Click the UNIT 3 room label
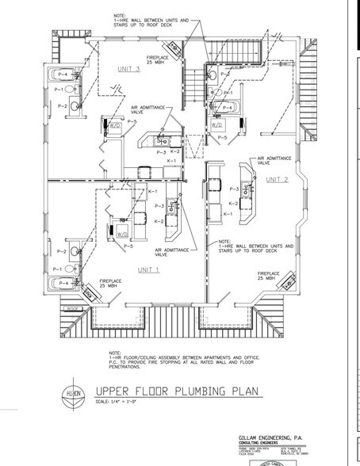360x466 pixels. tap(129, 69)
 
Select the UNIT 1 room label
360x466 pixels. tap(149, 269)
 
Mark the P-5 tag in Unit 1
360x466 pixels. tap(128, 246)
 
